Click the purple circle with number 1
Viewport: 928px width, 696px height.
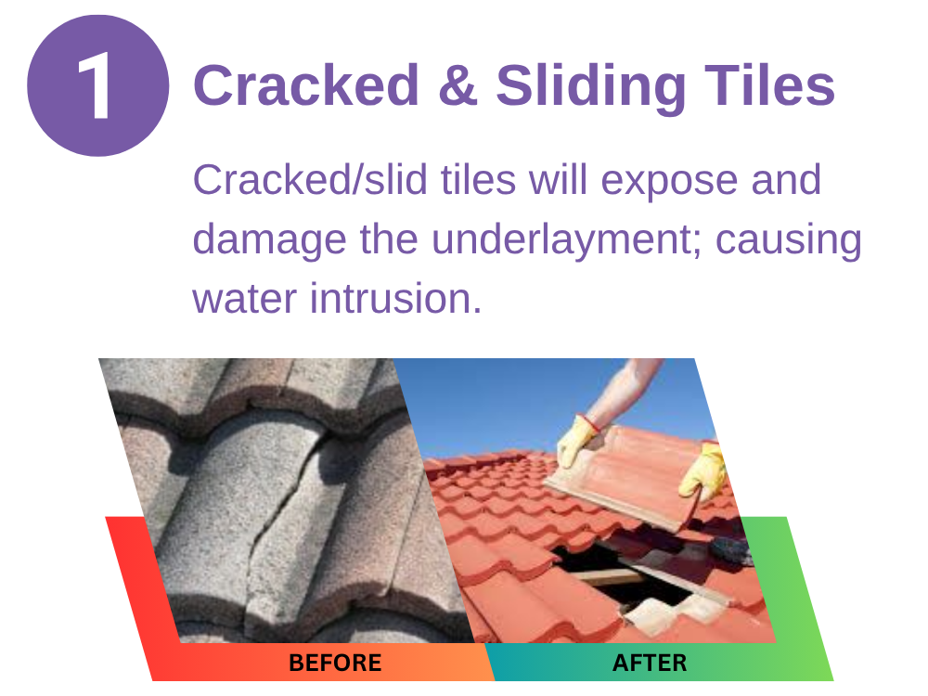(98, 85)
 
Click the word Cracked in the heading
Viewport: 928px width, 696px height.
(306, 85)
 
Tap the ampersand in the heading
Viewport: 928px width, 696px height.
(458, 85)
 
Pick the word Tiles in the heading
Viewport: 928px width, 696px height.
(769, 85)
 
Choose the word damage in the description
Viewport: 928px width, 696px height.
(270, 242)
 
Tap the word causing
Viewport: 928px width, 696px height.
(788, 242)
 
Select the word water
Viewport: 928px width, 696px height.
(244, 299)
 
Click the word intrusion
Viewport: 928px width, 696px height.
(396, 298)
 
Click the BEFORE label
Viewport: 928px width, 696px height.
(335, 663)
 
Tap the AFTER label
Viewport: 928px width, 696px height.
(650, 663)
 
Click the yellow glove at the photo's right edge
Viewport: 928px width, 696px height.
(704, 471)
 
